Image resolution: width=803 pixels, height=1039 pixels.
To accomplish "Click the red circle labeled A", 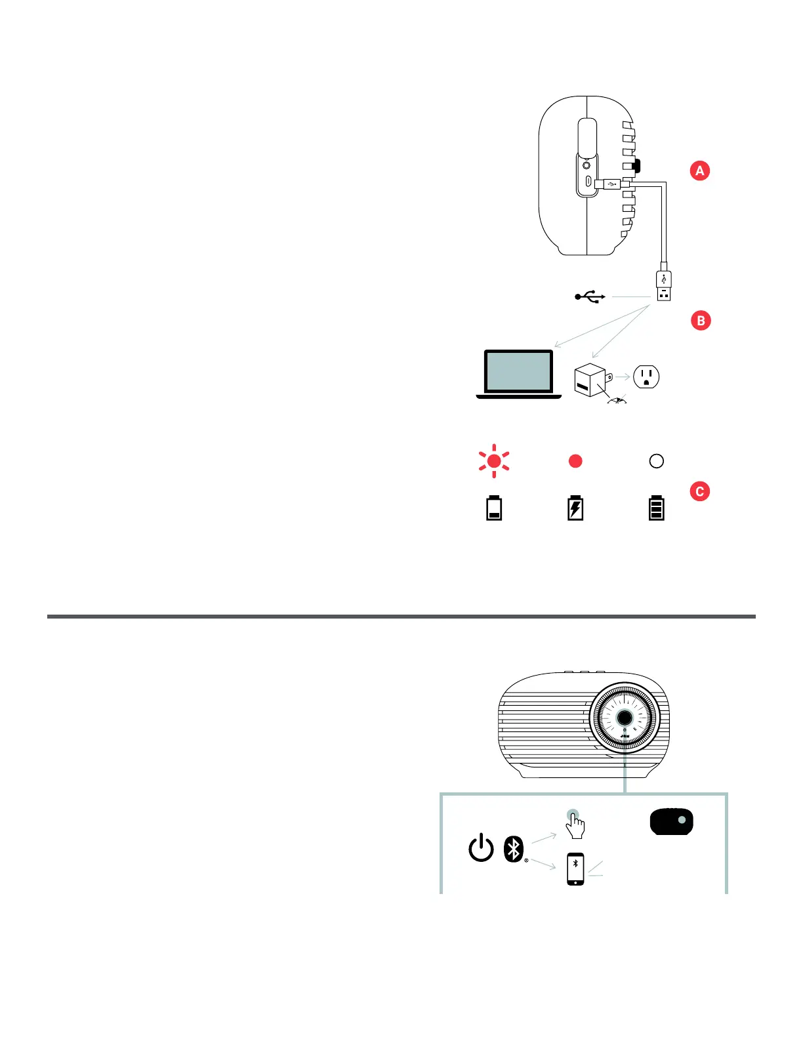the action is click(700, 171).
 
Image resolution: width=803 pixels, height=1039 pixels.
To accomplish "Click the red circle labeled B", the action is click(701, 321).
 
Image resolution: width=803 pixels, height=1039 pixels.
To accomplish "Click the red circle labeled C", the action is click(700, 491).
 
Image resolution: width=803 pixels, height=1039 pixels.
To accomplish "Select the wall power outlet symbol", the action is click(646, 377).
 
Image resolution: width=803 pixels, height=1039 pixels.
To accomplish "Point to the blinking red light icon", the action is click(494, 461).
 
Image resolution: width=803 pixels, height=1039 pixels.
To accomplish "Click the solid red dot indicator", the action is click(575, 461).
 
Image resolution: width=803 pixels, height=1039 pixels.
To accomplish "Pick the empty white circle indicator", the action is click(656, 461).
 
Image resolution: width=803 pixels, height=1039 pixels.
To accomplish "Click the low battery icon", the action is click(494, 508).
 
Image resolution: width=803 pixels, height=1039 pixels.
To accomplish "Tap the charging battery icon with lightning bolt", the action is click(575, 508).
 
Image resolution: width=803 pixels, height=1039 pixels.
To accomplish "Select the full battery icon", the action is click(656, 508).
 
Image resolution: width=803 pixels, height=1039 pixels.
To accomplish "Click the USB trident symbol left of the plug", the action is click(590, 297).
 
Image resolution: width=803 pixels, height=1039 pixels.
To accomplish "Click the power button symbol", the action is click(481, 848).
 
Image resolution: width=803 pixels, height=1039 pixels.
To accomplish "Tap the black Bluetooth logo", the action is click(514, 849).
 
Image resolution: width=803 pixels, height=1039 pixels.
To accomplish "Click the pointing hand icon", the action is click(575, 825).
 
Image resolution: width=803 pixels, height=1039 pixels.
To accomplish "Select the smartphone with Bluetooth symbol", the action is click(575, 869).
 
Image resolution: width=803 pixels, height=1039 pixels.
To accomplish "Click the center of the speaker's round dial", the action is click(624, 717).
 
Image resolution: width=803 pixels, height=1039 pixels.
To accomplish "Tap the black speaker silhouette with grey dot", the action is click(671, 822).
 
